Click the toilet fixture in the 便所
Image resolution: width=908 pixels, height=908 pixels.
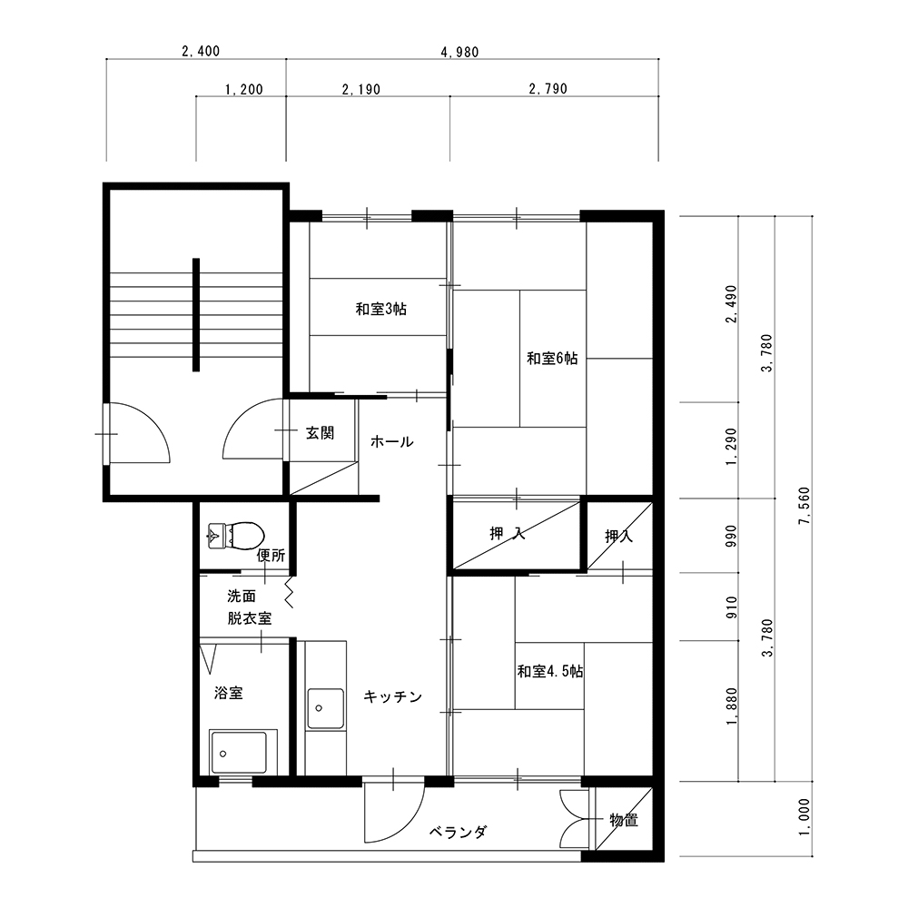236,535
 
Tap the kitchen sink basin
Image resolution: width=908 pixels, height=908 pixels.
325,708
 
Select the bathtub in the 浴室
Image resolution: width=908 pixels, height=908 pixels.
239,752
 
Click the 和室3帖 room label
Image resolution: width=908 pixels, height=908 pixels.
381,310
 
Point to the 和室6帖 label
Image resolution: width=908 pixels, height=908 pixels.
552,359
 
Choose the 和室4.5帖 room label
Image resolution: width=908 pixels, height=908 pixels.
550,672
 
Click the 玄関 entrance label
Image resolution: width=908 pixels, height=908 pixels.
321,433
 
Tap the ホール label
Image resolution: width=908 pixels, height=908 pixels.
392,442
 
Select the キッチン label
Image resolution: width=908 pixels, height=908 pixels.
393,696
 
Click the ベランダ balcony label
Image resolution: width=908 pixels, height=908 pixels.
458,832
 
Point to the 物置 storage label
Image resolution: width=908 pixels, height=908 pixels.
624,820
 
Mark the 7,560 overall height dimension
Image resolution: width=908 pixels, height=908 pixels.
804,506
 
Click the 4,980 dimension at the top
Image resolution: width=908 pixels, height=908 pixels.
459,52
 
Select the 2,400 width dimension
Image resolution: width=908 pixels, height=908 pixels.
201,52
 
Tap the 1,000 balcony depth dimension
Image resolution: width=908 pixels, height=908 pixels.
804,817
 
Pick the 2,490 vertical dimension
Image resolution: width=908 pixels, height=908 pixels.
732,304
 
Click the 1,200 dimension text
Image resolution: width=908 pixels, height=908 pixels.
243,89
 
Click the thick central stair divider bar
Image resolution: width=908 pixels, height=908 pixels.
196,314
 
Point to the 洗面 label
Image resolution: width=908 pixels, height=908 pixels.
242,596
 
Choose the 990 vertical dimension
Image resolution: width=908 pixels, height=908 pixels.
732,537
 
